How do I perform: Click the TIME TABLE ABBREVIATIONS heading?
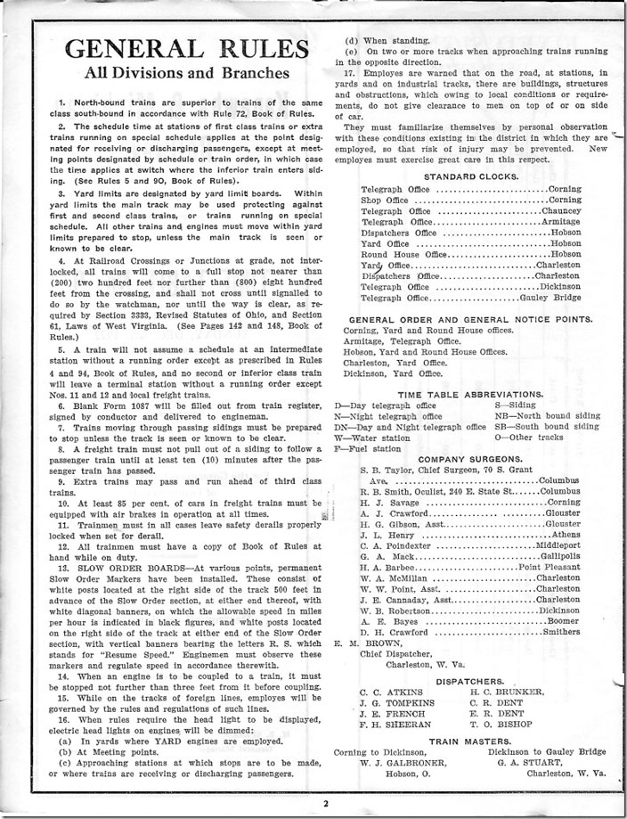(x=471, y=393)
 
